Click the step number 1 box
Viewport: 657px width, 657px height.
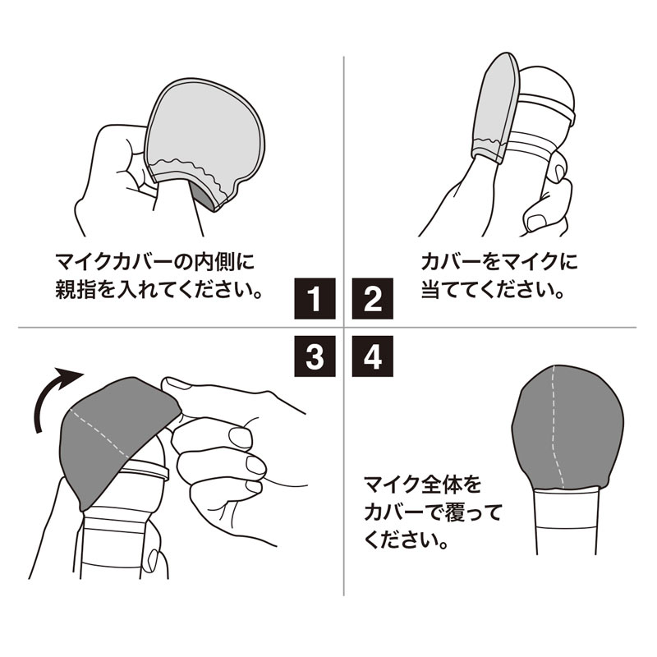tap(315, 298)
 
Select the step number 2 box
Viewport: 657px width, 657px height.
tap(373, 298)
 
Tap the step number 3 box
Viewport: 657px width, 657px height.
tap(315, 357)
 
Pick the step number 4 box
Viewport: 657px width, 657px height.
tap(373, 357)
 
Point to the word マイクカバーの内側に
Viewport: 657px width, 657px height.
tap(154, 263)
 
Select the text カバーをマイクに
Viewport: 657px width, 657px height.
tap(498, 263)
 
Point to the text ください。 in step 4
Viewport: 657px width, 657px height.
tap(407, 541)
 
